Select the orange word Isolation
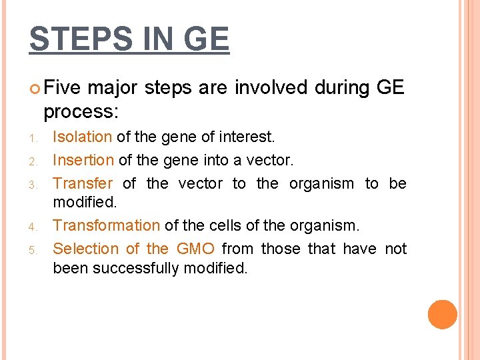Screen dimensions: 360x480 click(x=82, y=137)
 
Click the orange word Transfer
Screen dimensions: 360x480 click(x=83, y=183)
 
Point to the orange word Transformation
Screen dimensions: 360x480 click(x=106, y=226)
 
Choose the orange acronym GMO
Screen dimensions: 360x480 click(x=195, y=249)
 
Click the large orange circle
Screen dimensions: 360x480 click(x=442, y=315)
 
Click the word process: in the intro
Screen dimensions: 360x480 click(x=79, y=111)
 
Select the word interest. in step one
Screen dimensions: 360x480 click(x=247, y=137)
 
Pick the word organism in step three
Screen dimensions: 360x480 click(x=321, y=183)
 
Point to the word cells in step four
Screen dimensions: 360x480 click(x=220, y=226)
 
